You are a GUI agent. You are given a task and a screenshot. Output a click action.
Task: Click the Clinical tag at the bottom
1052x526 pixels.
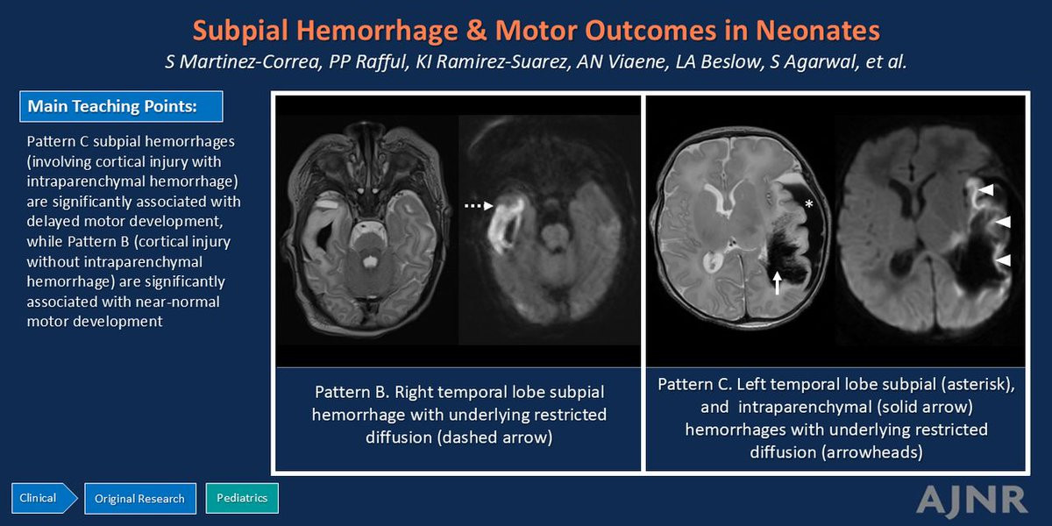(x=43, y=498)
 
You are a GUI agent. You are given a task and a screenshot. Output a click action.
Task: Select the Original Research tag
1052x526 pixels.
(x=140, y=498)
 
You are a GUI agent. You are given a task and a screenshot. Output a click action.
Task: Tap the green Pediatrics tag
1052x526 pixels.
(x=242, y=498)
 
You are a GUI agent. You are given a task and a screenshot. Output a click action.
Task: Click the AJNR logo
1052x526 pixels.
(x=971, y=500)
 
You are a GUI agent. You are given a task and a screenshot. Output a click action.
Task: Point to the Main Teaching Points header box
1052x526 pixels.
(x=121, y=107)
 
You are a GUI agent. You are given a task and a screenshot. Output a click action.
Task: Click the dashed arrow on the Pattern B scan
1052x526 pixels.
(x=479, y=206)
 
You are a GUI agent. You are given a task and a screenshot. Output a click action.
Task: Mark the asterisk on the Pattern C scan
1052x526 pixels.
(x=808, y=203)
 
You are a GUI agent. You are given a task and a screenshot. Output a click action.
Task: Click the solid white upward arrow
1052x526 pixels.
(x=778, y=282)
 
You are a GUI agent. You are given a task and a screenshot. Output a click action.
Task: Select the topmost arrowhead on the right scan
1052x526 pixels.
(x=985, y=189)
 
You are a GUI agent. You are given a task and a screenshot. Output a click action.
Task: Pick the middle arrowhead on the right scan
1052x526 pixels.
(x=1003, y=222)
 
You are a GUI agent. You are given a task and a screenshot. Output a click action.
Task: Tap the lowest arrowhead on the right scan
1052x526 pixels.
(x=1003, y=259)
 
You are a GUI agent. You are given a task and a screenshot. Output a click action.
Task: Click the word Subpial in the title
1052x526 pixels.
(x=240, y=31)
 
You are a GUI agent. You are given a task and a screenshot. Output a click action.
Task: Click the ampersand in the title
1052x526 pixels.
(x=476, y=30)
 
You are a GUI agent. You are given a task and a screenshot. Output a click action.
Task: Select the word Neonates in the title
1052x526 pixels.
(x=818, y=31)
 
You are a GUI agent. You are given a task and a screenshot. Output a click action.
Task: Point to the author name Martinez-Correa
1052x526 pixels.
(x=249, y=62)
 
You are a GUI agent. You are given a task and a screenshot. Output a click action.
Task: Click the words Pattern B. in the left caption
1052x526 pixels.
(x=352, y=392)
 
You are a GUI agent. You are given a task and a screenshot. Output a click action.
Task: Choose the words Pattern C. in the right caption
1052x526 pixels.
(x=694, y=384)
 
